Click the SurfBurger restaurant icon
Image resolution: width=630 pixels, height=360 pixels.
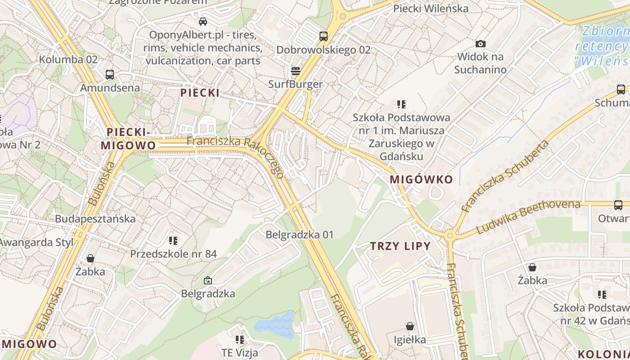[296, 71]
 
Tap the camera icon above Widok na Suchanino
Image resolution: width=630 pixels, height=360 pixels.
[481, 44]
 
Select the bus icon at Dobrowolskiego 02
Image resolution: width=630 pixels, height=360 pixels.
[323, 36]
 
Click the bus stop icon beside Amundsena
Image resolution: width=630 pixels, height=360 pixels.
[110, 74]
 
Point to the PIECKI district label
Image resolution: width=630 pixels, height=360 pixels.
[200, 93]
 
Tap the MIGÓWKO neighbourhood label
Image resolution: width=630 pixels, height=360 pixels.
[421, 179]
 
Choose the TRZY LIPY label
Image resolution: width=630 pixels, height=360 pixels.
[400, 246]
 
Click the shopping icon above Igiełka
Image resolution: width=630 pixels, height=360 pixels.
[410, 326]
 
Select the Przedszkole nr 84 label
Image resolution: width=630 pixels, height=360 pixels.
[173, 254]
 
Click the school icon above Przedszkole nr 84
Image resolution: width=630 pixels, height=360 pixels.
[173, 240]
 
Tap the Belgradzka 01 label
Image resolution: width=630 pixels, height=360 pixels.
[300, 234]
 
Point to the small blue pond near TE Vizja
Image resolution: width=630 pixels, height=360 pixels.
[274, 325]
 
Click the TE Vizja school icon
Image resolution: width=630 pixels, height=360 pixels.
[240, 339]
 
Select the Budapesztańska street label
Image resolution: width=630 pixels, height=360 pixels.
[95, 219]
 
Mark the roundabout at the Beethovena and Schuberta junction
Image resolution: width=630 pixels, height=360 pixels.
[450, 235]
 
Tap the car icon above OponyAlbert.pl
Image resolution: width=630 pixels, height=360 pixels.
[203, 21]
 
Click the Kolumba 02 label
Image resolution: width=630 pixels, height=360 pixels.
[68, 59]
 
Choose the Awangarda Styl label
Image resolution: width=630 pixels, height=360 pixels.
[36, 243]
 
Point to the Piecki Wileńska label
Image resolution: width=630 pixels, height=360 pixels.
[431, 9]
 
